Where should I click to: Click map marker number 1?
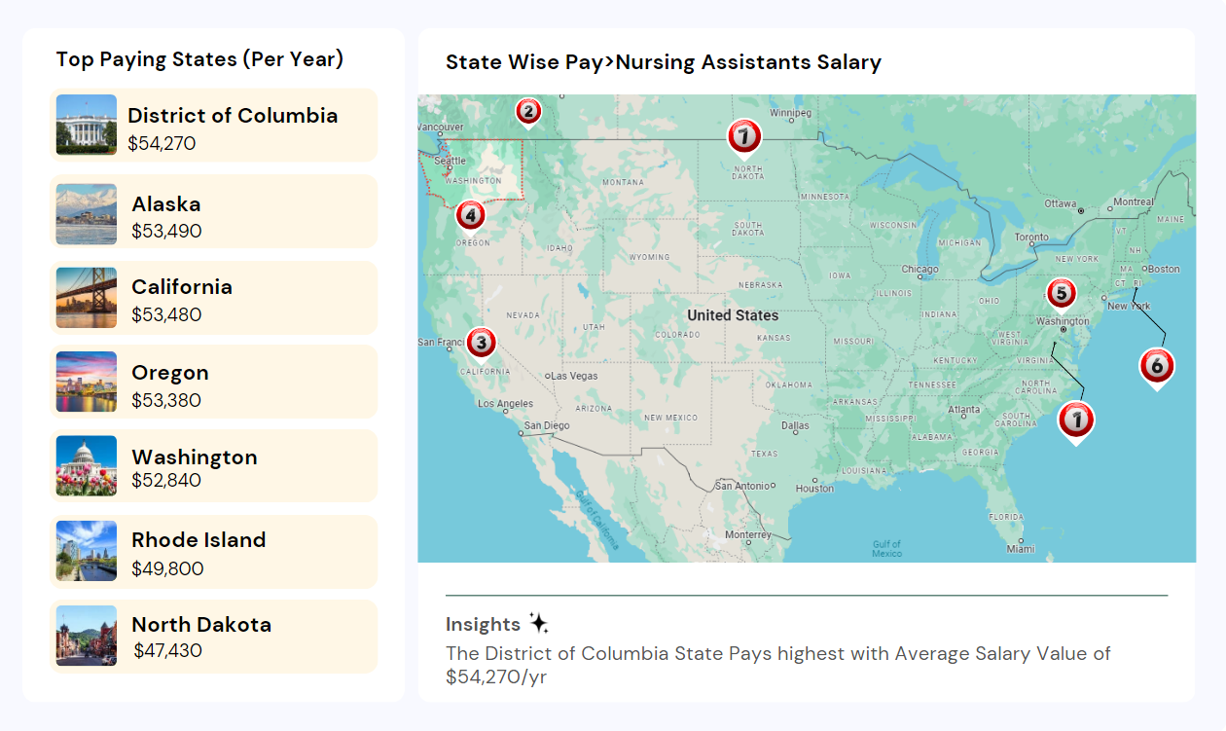(x=1076, y=420)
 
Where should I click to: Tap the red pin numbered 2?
(x=527, y=111)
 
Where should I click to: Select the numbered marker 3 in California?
(x=481, y=342)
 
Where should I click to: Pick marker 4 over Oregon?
(x=471, y=214)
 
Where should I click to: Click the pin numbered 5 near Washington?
(x=1061, y=292)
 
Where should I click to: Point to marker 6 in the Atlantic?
(x=1156, y=366)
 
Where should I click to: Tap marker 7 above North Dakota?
(x=744, y=136)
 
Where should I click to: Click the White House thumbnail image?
(x=87, y=125)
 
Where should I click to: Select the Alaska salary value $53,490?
(x=166, y=231)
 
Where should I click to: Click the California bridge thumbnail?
(x=87, y=298)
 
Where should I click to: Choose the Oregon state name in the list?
(x=170, y=373)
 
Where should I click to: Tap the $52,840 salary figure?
(x=166, y=480)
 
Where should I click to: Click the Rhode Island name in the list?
(x=198, y=540)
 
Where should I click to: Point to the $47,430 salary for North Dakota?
(x=167, y=650)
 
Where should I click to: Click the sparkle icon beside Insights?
(x=539, y=624)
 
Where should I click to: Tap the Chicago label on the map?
(x=920, y=270)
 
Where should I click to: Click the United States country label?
(x=733, y=315)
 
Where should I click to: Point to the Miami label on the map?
(x=1021, y=549)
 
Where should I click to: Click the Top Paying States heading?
(x=199, y=59)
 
